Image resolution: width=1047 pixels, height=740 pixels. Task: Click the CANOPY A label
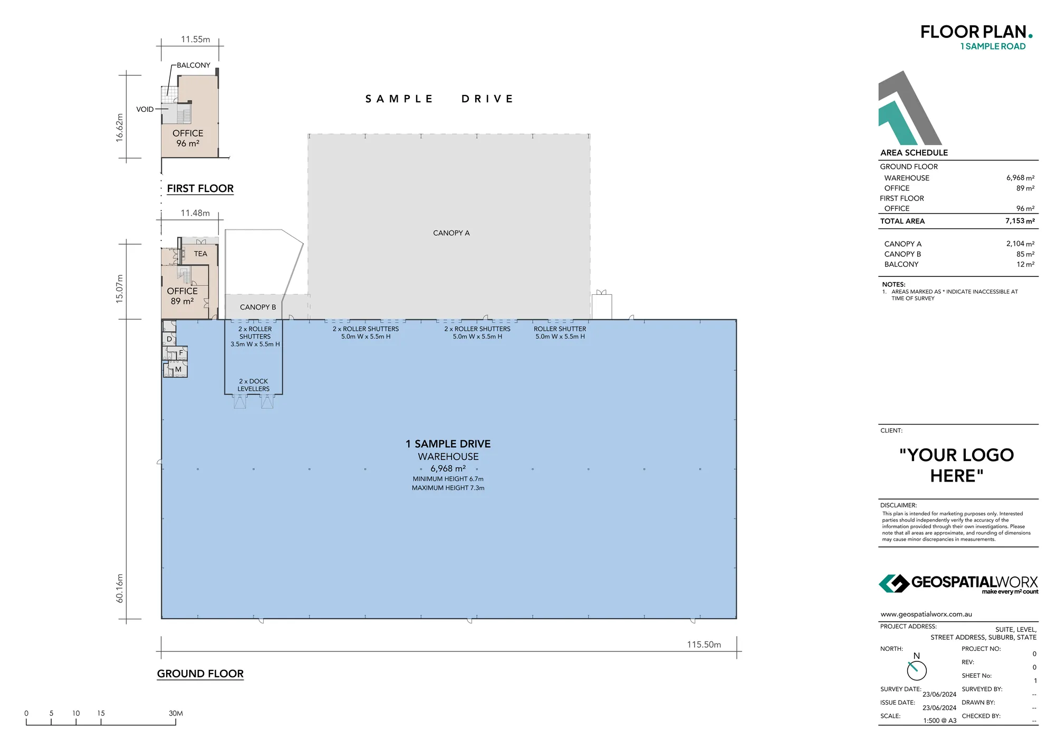click(x=451, y=233)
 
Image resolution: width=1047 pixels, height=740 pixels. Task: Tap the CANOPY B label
click(x=257, y=307)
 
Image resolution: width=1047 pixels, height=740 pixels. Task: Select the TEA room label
click(x=200, y=254)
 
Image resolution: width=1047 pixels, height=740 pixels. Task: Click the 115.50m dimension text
click(x=704, y=645)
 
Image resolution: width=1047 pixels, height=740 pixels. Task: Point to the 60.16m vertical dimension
click(x=120, y=588)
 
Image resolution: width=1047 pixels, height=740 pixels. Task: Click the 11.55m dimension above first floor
click(x=195, y=40)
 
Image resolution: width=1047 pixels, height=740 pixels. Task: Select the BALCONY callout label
click(x=193, y=65)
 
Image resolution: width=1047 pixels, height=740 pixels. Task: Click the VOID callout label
click(x=145, y=110)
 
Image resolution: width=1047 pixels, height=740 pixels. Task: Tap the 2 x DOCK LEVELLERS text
click(x=253, y=385)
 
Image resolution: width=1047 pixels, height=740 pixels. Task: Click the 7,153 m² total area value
click(x=1020, y=221)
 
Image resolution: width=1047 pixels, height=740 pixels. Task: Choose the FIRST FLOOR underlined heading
click(x=200, y=189)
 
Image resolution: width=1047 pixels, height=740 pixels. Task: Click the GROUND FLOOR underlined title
click(x=200, y=674)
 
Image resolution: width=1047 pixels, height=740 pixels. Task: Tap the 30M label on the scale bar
click(x=176, y=713)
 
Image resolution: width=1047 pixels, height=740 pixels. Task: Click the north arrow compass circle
click(x=917, y=670)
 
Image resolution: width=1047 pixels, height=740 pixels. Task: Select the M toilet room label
click(x=178, y=369)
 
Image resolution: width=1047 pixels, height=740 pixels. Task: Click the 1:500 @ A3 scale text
click(x=939, y=720)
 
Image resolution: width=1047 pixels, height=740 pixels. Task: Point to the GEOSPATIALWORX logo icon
click(x=893, y=583)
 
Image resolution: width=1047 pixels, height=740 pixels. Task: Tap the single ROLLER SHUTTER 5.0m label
click(x=560, y=332)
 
